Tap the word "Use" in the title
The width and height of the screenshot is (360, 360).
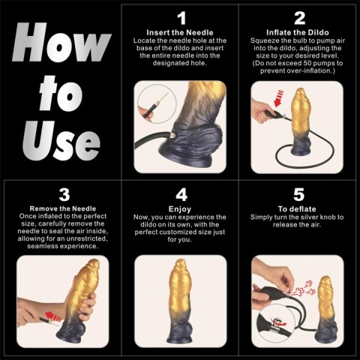(x=60, y=140)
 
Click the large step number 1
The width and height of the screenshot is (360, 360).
(x=181, y=17)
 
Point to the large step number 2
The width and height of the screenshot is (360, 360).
(x=299, y=17)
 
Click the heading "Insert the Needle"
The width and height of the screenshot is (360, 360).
(x=181, y=33)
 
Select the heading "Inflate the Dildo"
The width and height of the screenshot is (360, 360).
(x=299, y=33)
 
